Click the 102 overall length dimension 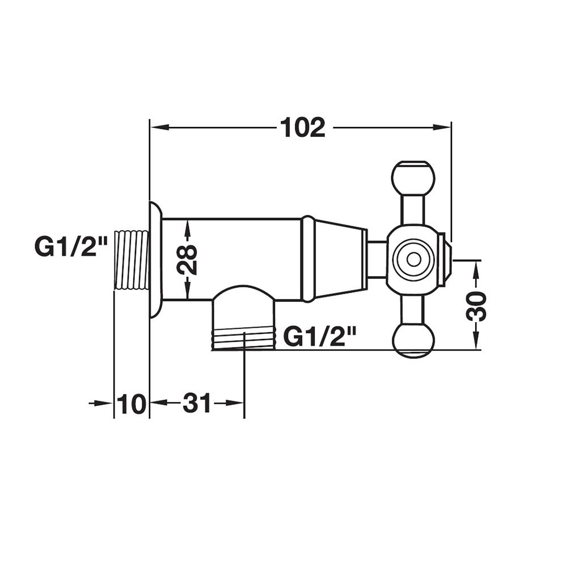[303, 127]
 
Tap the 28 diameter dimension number [187, 259]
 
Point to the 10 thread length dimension [132, 404]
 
